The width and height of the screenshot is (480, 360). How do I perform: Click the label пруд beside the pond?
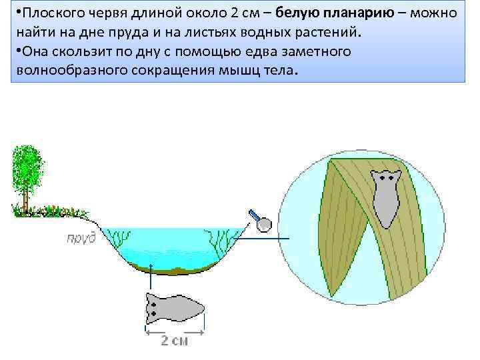pos(80,238)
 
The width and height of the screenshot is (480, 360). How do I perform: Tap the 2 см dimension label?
pos(175,341)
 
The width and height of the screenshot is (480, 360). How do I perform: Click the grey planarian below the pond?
pos(173,309)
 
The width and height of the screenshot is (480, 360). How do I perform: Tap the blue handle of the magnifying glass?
pos(254,215)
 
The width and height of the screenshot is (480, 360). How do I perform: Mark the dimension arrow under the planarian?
pos(175,329)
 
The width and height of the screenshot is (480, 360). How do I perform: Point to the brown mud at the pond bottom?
pos(171,267)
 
